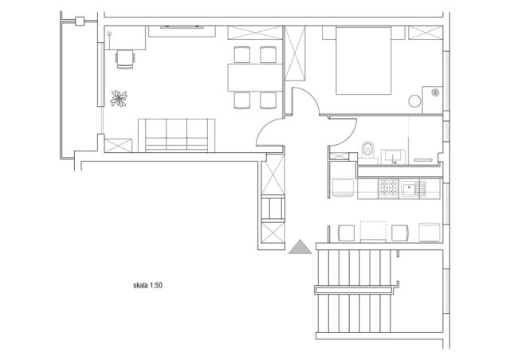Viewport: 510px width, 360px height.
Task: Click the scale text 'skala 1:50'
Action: [x=147, y=285]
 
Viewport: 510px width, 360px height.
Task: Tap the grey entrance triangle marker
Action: [x=300, y=247]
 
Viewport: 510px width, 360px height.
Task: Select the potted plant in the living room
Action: [x=119, y=99]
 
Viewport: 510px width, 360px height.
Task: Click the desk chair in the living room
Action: [x=125, y=59]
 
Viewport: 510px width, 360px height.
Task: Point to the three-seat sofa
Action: [x=177, y=135]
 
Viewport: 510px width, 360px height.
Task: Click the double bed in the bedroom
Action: [x=363, y=61]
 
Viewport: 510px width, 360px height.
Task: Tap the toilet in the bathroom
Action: [x=368, y=150]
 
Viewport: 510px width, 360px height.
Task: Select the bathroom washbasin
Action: [x=393, y=156]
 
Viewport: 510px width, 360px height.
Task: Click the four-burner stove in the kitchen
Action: [x=388, y=188]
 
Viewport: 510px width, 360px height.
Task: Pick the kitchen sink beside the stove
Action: [x=413, y=188]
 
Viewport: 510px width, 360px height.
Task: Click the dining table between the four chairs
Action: [x=255, y=77]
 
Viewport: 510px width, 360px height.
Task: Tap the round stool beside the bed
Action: [x=414, y=101]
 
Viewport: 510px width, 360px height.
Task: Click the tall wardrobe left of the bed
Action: [x=296, y=53]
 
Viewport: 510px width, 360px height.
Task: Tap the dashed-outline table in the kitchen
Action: [x=373, y=232]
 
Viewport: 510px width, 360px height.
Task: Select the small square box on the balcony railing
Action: [x=80, y=22]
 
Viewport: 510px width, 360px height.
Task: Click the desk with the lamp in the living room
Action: [x=125, y=38]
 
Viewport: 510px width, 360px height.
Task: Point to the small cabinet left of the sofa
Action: [x=118, y=146]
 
